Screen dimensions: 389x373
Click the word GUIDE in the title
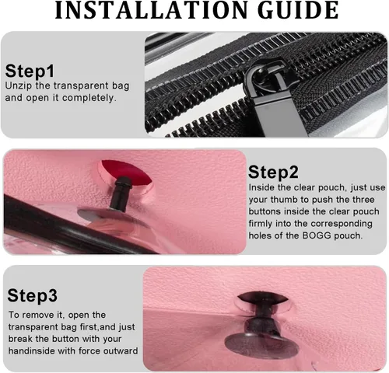pyautogui.click(x=298, y=10)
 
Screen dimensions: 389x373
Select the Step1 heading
pyautogui.click(x=30, y=71)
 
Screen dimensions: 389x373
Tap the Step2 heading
pyautogui.click(x=273, y=172)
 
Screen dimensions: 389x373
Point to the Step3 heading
pyautogui.click(x=32, y=295)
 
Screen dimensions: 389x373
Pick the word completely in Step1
pyautogui.click(x=88, y=98)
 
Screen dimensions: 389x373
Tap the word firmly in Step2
pyautogui.click(x=261, y=224)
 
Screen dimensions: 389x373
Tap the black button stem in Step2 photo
pyautogui.click(x=120, y=193)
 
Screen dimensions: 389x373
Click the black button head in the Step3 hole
pyautogui.click(x=262, y=298)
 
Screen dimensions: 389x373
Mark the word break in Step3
pyautogui.click(x=20, y=339)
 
